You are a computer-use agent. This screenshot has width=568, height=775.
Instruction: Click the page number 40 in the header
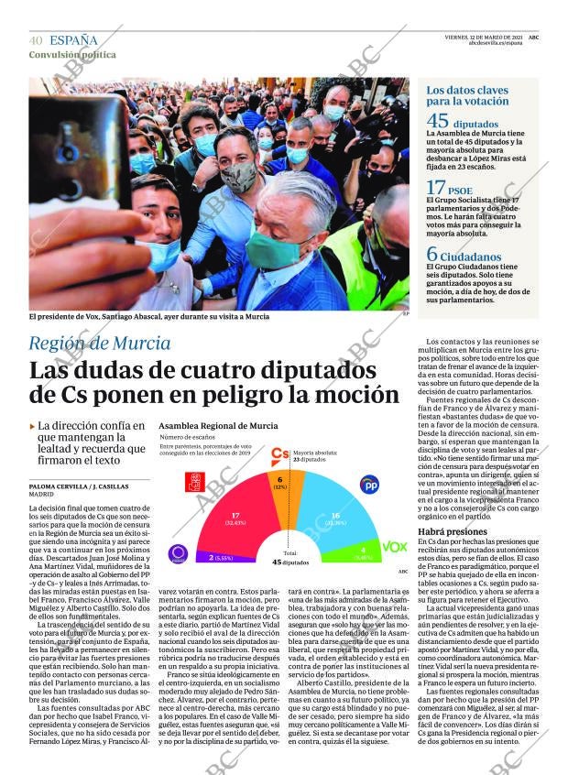[36, 40]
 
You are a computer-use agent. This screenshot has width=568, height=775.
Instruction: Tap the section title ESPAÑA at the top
[73, 40]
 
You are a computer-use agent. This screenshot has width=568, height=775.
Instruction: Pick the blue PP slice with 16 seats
[337, 519]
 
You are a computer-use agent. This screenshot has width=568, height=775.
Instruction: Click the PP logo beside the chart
[368, 485]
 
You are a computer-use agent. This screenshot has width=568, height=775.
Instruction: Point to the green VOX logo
[394, 547]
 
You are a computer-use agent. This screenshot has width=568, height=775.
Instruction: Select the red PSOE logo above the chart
[194, 482]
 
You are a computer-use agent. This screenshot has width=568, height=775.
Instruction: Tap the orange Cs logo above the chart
[279, 453]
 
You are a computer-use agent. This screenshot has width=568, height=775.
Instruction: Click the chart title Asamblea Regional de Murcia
[218, 426]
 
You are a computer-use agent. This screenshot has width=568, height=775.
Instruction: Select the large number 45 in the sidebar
[438, 121]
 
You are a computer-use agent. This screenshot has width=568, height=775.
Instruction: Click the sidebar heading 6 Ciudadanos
[464, 256]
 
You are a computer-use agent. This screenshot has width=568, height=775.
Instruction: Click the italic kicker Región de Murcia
[99, 344]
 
